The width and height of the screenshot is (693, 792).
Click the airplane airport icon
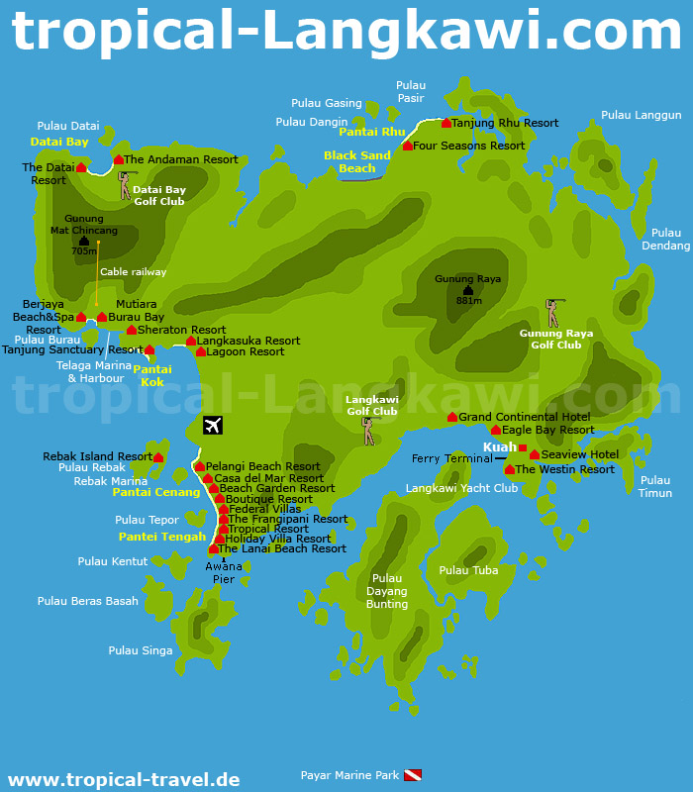[213, 426]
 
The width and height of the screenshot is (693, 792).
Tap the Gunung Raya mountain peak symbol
[467, 290]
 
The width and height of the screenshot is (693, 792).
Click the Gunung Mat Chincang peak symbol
[84, 241]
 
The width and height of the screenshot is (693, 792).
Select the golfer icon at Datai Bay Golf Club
[124, 185]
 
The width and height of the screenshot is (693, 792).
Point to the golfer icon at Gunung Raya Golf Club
[552, 313]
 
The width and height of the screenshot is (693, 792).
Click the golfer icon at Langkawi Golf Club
[369, 431]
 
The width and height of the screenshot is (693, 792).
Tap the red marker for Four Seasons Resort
[408, 146]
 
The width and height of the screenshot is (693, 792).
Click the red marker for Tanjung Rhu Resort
[446, 123]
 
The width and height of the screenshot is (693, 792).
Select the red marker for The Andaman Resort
[119, 159]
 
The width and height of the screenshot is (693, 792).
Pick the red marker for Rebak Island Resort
[158, 457]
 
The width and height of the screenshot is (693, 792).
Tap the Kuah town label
[499, 447]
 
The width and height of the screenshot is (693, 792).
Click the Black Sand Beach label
[357, 161]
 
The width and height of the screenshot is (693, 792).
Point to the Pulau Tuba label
[468, 570]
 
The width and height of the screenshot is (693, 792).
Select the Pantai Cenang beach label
[156, 492]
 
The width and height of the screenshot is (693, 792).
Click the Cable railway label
[134, 271]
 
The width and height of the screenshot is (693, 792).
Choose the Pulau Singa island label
[141, 650]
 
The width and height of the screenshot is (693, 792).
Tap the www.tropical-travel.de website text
[123, 779]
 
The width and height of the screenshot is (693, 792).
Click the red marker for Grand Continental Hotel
[452, 417]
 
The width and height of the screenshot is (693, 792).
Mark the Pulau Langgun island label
[642, 115]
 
